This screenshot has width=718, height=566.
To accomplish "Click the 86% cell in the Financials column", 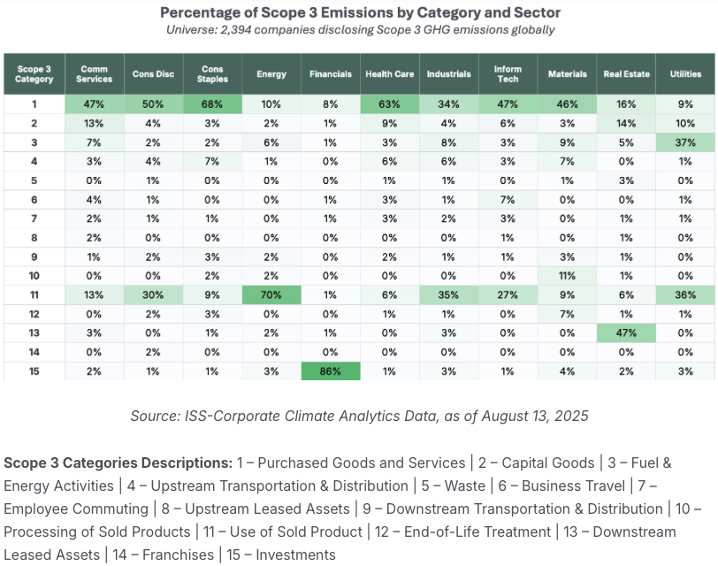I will pyautogui.click(x=330, y=372).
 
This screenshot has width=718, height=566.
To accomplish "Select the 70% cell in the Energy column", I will pyautogui.click(x=271, y=294).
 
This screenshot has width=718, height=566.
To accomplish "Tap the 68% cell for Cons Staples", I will pyautogui.click(x=211, y=103).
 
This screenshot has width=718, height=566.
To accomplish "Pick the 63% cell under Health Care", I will pyautogui.click(x=389, y=103).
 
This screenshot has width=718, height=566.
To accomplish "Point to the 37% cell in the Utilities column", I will pyautogui.click(x=685, y=143).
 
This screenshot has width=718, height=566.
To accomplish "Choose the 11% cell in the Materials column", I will pyautogui.click(x=567, y=274).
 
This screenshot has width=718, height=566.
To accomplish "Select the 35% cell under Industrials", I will pyautogui.click(x=448, y=294).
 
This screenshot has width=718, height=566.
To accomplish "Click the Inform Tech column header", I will pyautogui.click(x=508, y=73).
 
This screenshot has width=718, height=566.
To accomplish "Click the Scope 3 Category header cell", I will pyautogui.click(x=34, y=73).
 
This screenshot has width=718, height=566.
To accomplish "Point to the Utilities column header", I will pyautogui.click(x=685, y=73).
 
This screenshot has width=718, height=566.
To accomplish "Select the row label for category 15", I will pyautogui.click(x=34, y=372).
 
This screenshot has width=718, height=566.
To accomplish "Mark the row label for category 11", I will pyautogui.click(x=34, y=294).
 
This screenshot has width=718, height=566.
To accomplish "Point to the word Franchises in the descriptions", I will pyautogui.click(x=177, y=555).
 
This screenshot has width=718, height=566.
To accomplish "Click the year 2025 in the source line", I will pyautogui.click(x=570, y=416).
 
